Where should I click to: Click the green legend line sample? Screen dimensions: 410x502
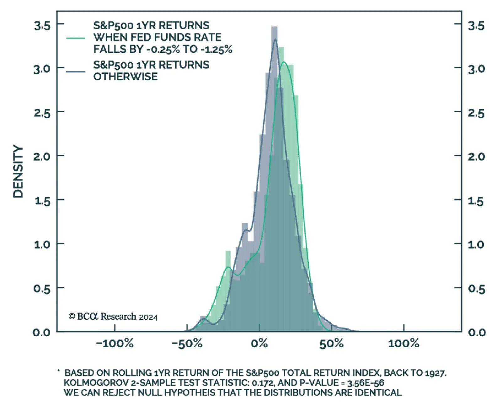point(76,38)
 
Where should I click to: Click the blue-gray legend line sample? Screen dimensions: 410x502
point(76,72)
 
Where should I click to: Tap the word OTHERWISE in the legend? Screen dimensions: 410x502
point(125,77)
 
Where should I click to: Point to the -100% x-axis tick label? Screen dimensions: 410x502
point(115,343)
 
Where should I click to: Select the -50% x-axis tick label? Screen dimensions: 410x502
point(187,343)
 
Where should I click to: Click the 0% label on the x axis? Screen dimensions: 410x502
point(259,343)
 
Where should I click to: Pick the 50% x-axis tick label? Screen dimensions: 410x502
point(331,343)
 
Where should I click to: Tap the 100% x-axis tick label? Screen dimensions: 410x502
point(403,343)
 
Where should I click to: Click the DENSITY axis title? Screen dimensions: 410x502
point(18,172)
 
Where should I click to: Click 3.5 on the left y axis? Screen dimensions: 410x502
point(42,25)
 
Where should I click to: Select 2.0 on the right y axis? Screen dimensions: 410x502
point(477,156)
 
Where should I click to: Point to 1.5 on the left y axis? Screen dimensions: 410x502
point(42,201)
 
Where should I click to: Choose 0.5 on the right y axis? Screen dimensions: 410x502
point(477,289)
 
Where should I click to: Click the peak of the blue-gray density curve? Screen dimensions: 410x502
point(275,39)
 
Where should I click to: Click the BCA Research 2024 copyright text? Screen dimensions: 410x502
point(113,317)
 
